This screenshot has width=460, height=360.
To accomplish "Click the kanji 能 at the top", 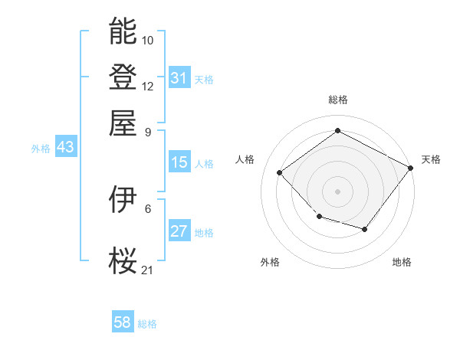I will click(123, 31).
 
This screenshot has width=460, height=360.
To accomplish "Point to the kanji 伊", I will click(123, 199).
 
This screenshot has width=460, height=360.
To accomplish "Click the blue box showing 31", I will click(179, 78).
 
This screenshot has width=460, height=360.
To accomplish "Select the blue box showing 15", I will click(179, 162).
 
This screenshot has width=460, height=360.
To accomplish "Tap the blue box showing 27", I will click(179, 231).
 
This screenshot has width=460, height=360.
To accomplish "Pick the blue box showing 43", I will click(65, 147).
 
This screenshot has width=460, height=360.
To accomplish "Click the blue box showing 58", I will click(122, 322).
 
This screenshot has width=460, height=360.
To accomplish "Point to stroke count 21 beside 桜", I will click(148, 269).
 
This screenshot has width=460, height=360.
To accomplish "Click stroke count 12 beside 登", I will click(148, 86).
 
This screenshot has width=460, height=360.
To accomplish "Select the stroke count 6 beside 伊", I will click(148, 208).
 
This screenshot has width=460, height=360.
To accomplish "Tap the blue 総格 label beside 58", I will click(147, 324).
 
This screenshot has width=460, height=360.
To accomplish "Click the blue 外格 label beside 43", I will click(41, 149).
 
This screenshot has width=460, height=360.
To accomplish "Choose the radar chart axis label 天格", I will click(431, 159).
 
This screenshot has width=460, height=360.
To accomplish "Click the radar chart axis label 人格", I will click(245, 159).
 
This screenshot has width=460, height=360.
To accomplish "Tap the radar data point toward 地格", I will click(365, 229).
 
